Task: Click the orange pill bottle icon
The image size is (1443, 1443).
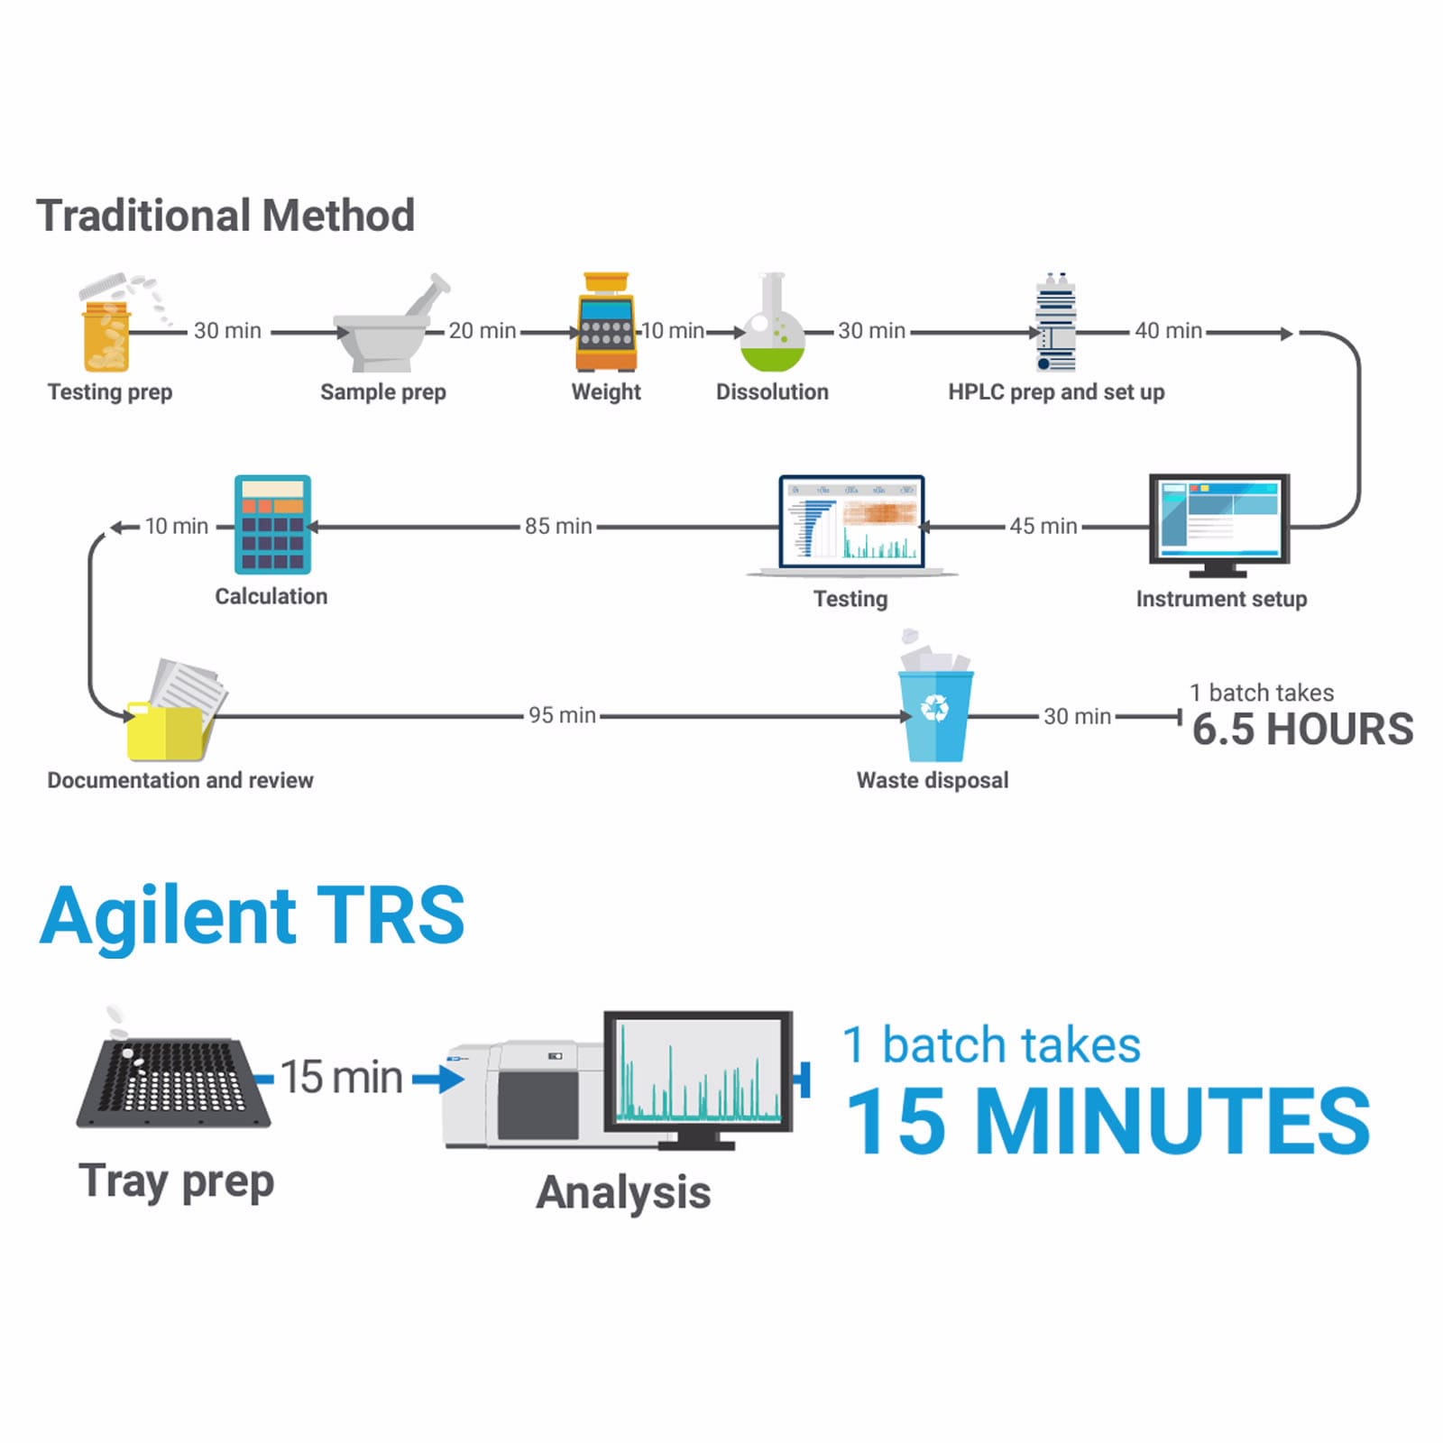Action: (x=107, y=336)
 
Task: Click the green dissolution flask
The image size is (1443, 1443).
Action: (x=772, y=329)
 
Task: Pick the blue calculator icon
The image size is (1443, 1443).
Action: (x=272, y=525)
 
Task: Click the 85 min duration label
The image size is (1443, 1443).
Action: (x=558, y=526)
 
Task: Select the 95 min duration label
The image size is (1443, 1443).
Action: (x=562, y=715)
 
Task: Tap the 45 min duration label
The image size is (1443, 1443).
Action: (x=1043, y=526)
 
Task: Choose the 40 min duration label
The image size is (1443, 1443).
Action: (x=1168, y=331)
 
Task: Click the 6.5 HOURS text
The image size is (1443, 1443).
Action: (x=1302, y=729)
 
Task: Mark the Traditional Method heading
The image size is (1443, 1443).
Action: (x=225, y=216)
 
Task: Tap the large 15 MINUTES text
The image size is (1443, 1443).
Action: (x=1108, y=1121)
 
